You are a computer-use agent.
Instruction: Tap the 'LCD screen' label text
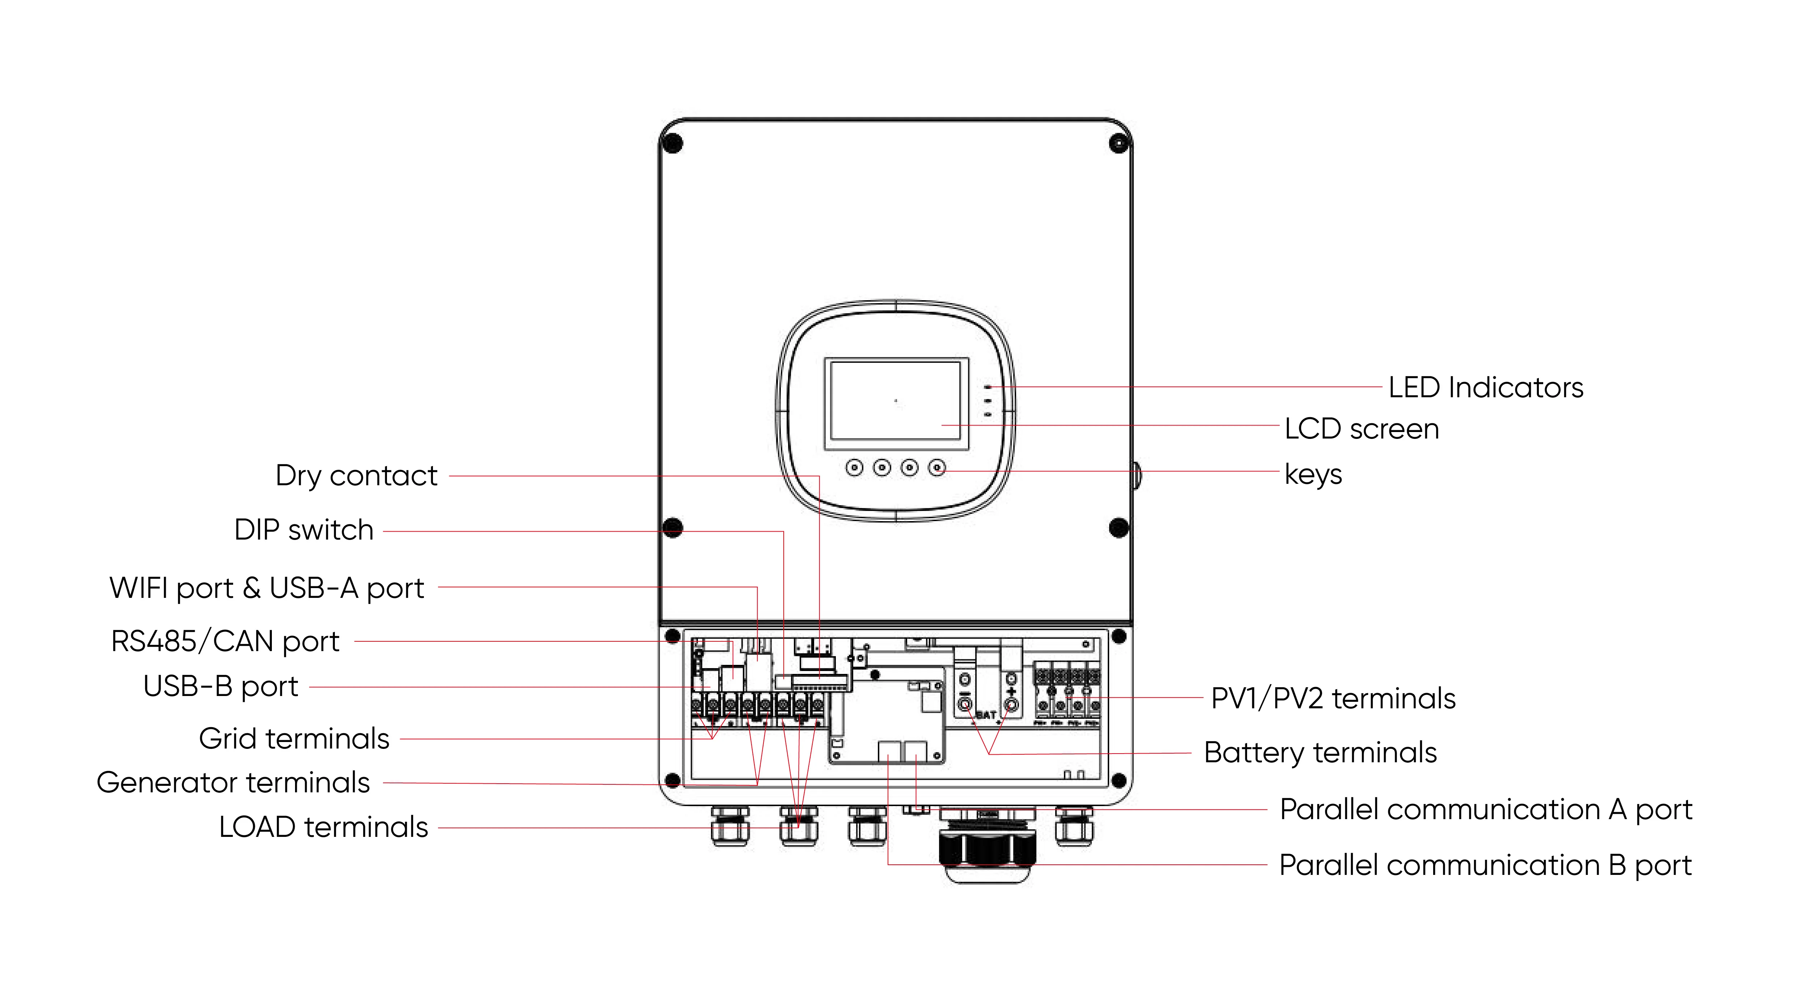pos(1361,429)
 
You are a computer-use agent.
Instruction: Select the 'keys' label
pos(1313,474)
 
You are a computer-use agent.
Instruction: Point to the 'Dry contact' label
pos(356,476)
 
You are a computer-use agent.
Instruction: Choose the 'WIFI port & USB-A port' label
pos(266,587)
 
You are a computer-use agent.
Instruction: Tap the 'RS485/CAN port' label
pos(225,641)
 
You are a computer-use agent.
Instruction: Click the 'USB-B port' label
pos(220,686)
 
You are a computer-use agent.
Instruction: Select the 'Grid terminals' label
pos(294,739)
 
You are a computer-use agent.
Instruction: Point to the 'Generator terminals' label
pos(232,782)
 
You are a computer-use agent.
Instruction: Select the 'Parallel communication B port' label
pos(1485,865)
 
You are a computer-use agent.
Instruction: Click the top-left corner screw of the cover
pos(673,143)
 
